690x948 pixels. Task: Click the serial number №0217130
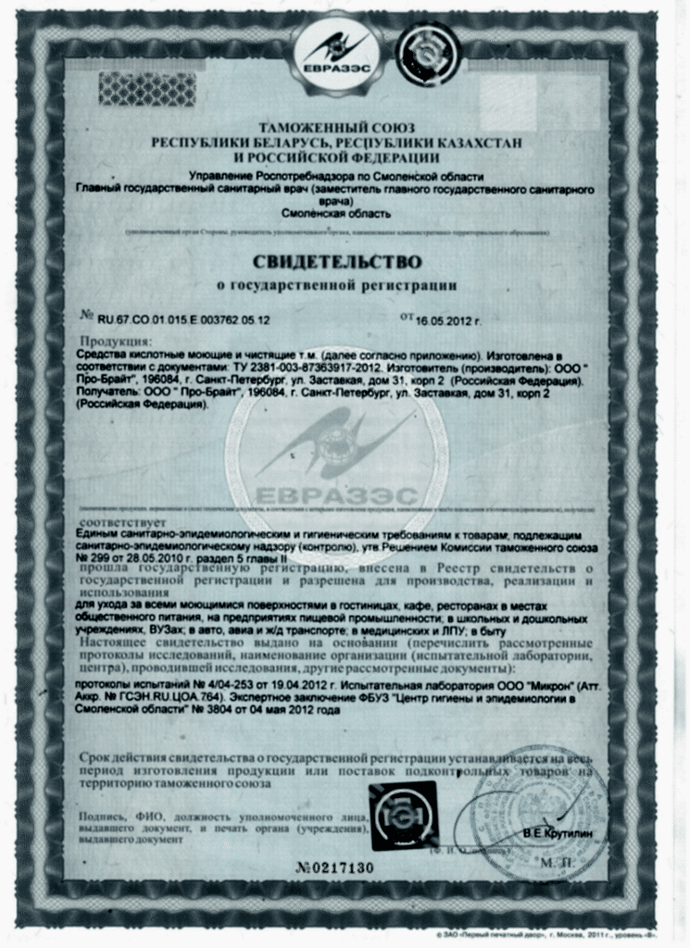[336, 867]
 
